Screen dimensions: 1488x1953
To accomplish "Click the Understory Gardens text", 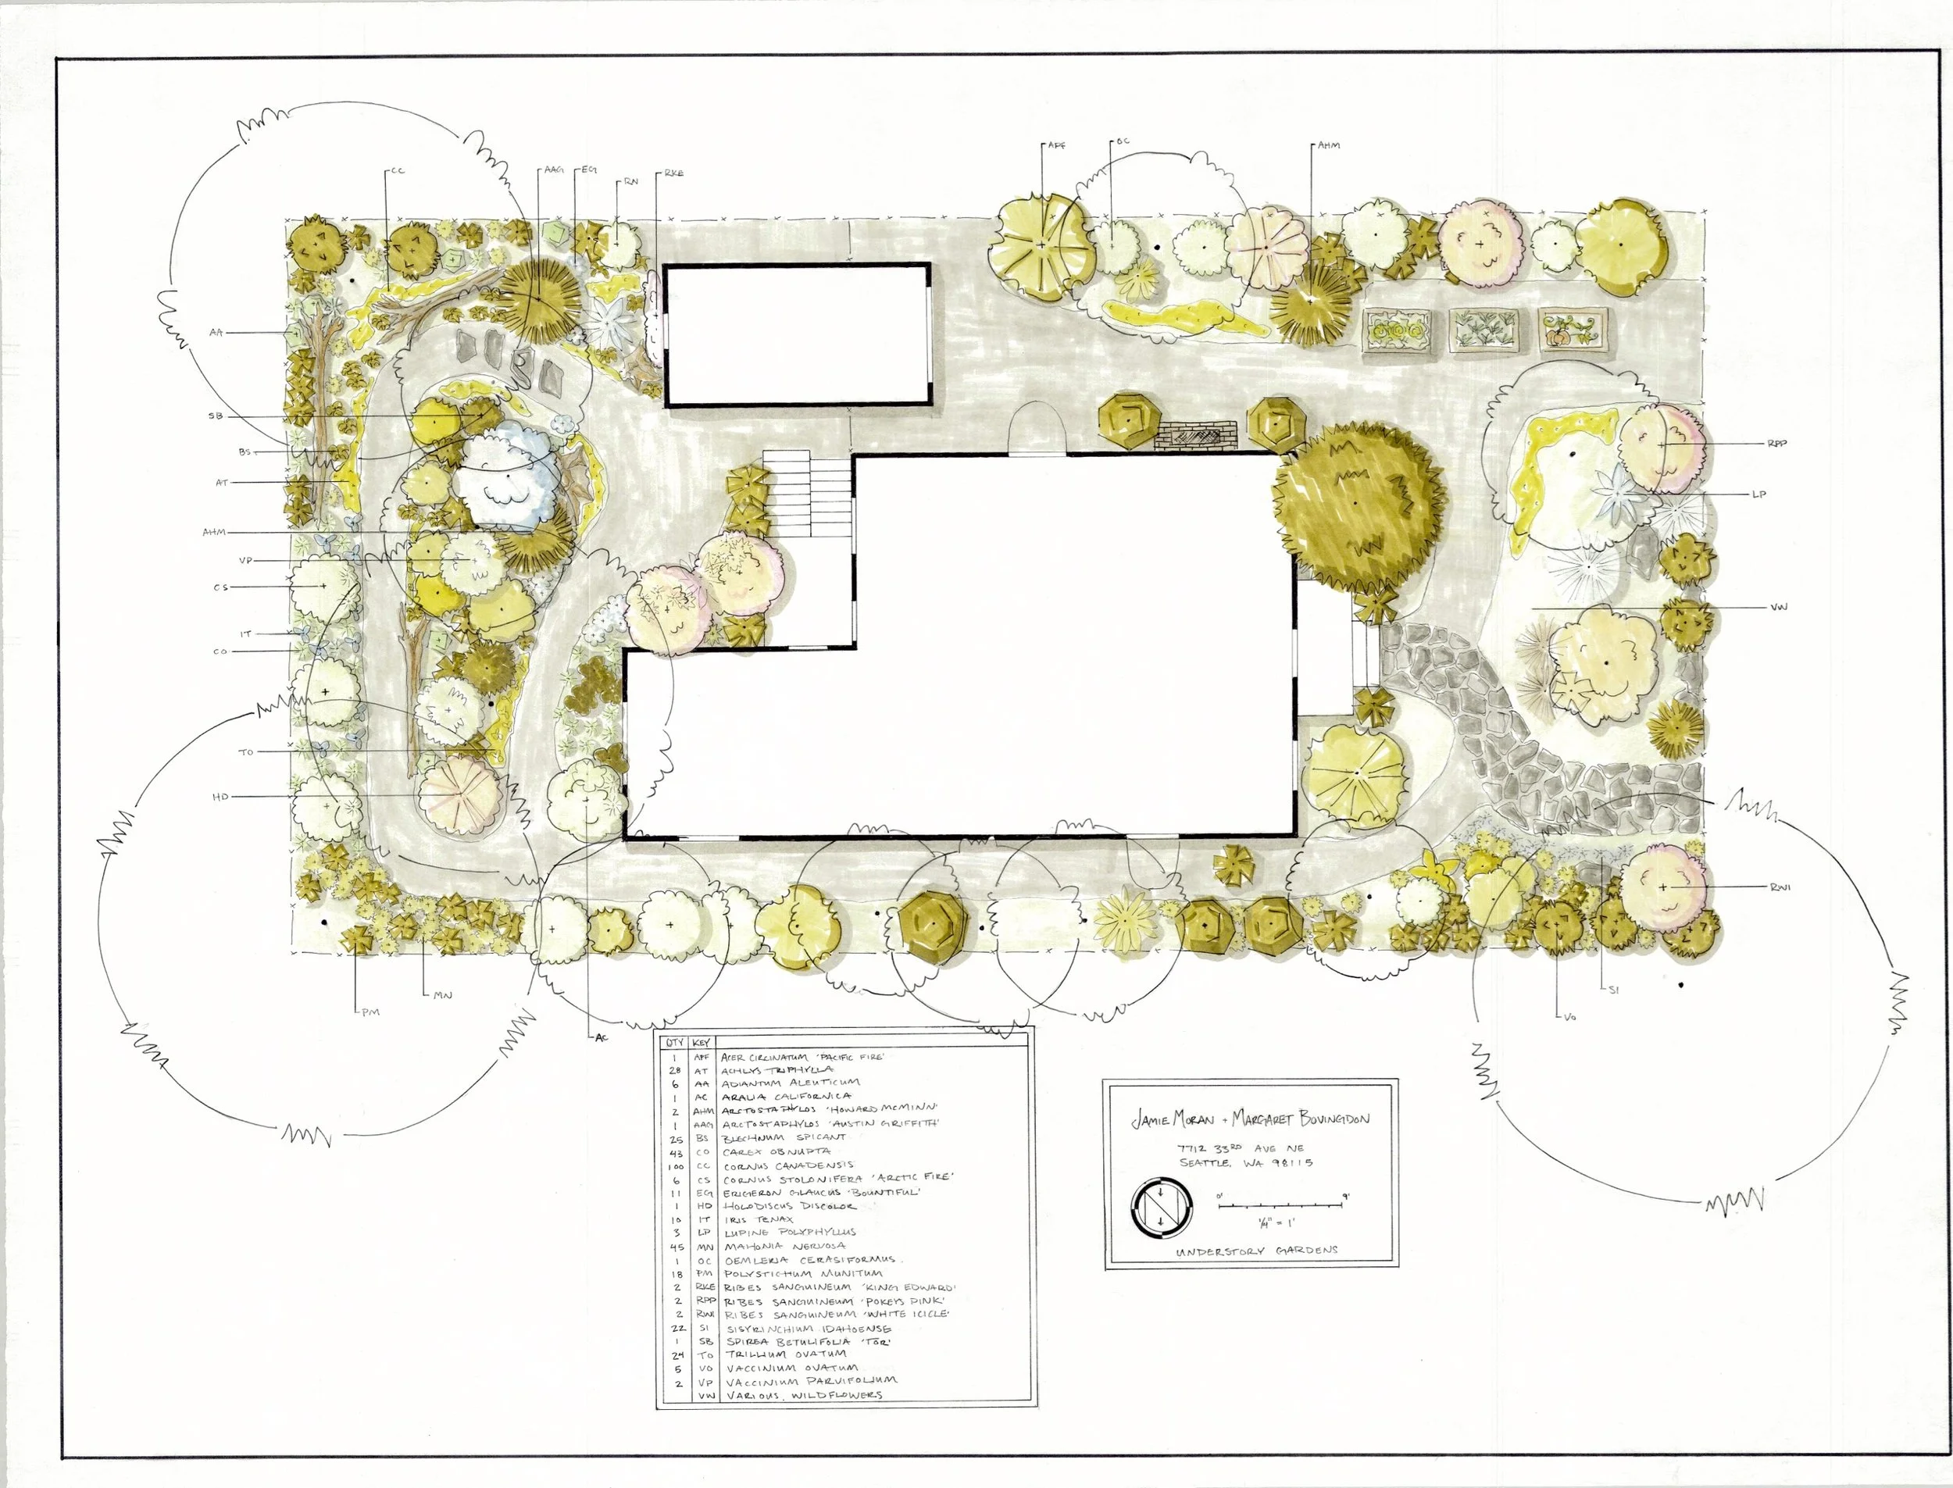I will click(x=1257, y=1250).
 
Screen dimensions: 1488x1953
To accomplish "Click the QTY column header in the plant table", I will click(x=674, y=1043).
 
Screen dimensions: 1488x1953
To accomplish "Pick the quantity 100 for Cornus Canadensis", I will click(x=675, y=1165).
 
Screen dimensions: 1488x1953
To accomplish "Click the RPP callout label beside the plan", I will click(x=1776, y=444).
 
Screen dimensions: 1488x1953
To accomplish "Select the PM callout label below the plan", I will click(x=370, y=1012).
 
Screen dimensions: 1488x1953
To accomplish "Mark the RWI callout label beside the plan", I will click(x=1779, y=887).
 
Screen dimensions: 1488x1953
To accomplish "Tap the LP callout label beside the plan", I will click(x=1759, y=494).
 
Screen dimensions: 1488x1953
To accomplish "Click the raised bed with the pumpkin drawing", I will click(x=1572, y=330).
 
